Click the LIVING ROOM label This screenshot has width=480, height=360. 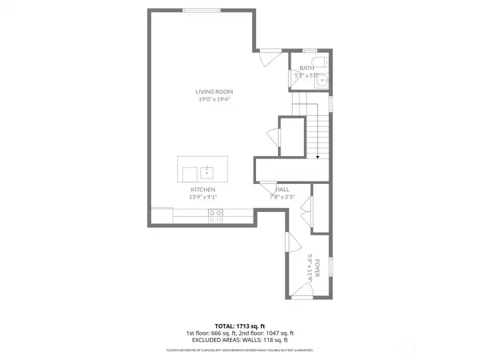coord(214,91)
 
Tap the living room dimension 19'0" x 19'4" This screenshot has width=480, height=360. coord(214,99)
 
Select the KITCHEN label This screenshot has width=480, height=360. coord(203,189)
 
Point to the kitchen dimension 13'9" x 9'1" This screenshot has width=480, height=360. coord(203,197)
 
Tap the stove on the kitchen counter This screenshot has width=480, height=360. coord(216,216)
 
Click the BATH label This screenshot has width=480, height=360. coord(307,68)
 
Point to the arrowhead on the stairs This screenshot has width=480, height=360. coord(318,157)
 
